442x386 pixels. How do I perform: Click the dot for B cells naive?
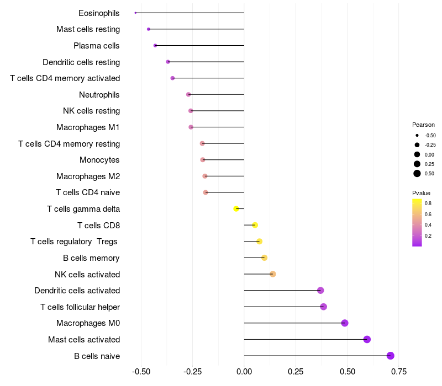tap(391, 356)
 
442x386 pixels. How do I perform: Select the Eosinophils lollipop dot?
tap(135, 13)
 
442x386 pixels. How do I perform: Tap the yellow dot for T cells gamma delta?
tap(236, 209)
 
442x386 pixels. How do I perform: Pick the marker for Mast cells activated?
tap(367, 340)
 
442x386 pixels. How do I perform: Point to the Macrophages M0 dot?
tap(345, 323)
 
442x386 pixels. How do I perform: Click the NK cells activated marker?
tap(272, 274)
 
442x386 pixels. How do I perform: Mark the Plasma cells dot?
tap(155, 45)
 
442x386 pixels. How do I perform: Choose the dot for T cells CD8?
tap(255, 225)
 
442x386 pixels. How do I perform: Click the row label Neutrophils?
tap(99, 95)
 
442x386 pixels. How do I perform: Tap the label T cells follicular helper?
tap(80, 307)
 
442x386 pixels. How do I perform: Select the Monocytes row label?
tap(99, 160)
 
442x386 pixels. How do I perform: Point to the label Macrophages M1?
tap(88, 127)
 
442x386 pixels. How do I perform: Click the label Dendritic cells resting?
tap(81, 62)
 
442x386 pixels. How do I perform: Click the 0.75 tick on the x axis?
tap(399, 371)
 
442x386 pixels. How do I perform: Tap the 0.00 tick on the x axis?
tap(244, 371)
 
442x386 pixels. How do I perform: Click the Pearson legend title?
tap(423, 125)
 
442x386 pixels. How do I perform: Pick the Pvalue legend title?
tap(421, 193)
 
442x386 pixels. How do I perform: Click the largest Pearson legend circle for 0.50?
tap(417, 174)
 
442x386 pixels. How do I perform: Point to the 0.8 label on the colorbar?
tap(428, 203)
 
